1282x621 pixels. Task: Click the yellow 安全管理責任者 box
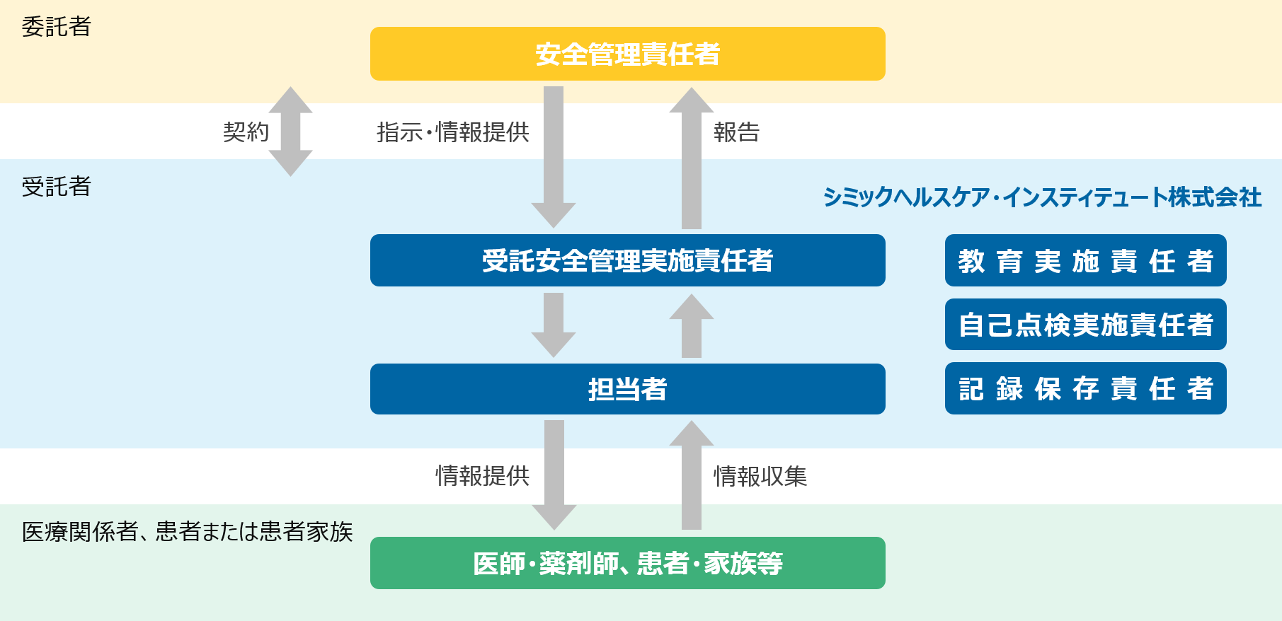627,54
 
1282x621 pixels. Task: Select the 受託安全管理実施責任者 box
627,260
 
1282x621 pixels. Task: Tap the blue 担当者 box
627,389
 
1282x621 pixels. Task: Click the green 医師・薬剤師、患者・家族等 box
627,563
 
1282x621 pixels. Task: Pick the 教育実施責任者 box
1085,260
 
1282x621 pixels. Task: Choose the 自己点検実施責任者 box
1085,325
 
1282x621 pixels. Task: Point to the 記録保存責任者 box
1085,388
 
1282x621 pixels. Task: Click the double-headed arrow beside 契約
290,132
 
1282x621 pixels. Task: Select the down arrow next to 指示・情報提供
554,156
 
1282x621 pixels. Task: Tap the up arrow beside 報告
692,158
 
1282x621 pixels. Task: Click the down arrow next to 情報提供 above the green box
554,474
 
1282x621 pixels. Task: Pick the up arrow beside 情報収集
692,475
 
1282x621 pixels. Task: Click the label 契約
246,132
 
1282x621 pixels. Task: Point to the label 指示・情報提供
453,132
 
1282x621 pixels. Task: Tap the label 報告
736,132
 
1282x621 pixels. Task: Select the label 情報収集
760,476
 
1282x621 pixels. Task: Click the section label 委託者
57,27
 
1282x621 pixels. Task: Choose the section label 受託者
57,187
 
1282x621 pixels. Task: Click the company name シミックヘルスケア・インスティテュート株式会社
1042,197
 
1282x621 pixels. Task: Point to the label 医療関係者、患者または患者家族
187,531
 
